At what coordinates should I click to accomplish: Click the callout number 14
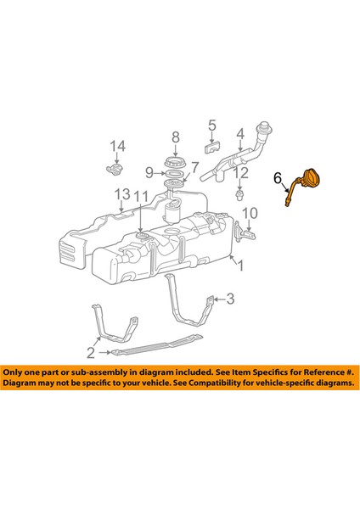pyautogui.click(x=116, y=145)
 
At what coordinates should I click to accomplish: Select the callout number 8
pyautogui.click(x=176, y=137)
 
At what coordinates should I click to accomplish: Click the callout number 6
pyautogui.click(x=277, y=178)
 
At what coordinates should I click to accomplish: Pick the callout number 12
pyautogui.click(x=241, y=172)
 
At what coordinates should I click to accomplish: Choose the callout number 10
pyautogui.click(x=250, y=211)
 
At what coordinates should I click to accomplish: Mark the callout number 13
pyautogui.click(x=122, y=193)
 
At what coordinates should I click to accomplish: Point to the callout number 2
pyautogui.click(x=91, y=350)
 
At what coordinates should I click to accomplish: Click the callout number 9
pyautogui.click(x=149, y=173)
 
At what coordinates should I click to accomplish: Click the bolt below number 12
pyautogui.click(x=240, y=194)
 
